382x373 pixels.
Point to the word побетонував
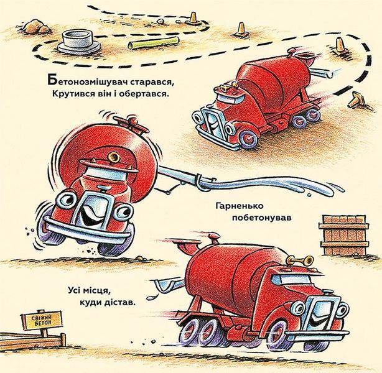click(262, 218)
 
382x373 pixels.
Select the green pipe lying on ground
click(154, 43)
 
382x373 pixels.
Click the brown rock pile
click(37, 26)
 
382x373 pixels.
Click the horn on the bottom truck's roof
click(299, 260)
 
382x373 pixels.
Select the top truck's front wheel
click(248, 139)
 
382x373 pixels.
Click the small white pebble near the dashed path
click(160, 21)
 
